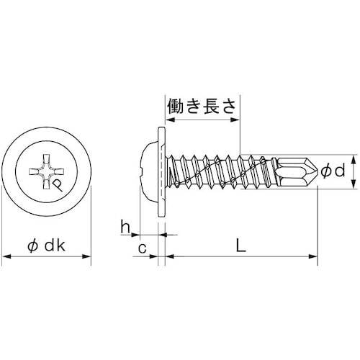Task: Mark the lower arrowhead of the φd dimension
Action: click(353, 186)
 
